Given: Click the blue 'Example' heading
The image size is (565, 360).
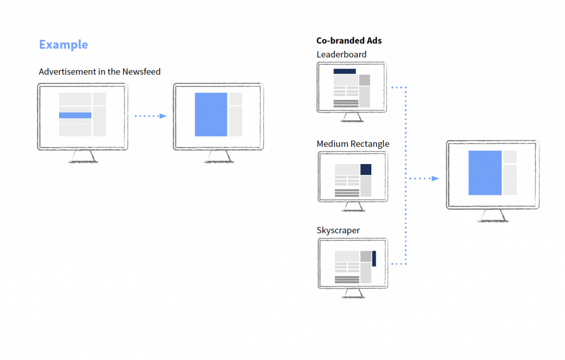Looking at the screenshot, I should pos(63,45).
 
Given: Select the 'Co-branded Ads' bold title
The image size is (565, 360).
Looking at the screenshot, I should pos(349,41).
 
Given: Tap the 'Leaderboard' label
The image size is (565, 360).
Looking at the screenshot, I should pos(341,54).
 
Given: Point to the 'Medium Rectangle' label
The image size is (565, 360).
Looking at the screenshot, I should pos(353,144).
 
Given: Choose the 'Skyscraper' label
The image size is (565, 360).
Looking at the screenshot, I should pos(338,230).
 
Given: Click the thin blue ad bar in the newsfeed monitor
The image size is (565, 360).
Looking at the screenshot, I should pos(75,115).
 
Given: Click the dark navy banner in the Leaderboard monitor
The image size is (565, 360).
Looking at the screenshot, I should pos(344,71).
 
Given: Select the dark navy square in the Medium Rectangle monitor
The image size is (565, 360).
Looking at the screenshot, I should pos(366,170).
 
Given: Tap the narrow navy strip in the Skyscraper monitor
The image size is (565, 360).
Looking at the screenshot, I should pos(374,258).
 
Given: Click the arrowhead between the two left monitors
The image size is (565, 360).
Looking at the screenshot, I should pos(162,116).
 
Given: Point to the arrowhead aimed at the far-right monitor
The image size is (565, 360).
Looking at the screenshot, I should pos(435,178).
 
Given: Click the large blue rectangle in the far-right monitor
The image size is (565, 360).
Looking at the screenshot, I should pos(485,173).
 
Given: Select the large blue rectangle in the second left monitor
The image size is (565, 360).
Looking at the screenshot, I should pos(211,114).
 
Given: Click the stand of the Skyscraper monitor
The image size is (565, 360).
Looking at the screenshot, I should pos(353,293).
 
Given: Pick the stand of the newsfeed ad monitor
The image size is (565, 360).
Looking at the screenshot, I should pos(83,157).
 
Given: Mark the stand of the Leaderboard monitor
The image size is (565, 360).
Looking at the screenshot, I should pos(352,118).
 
